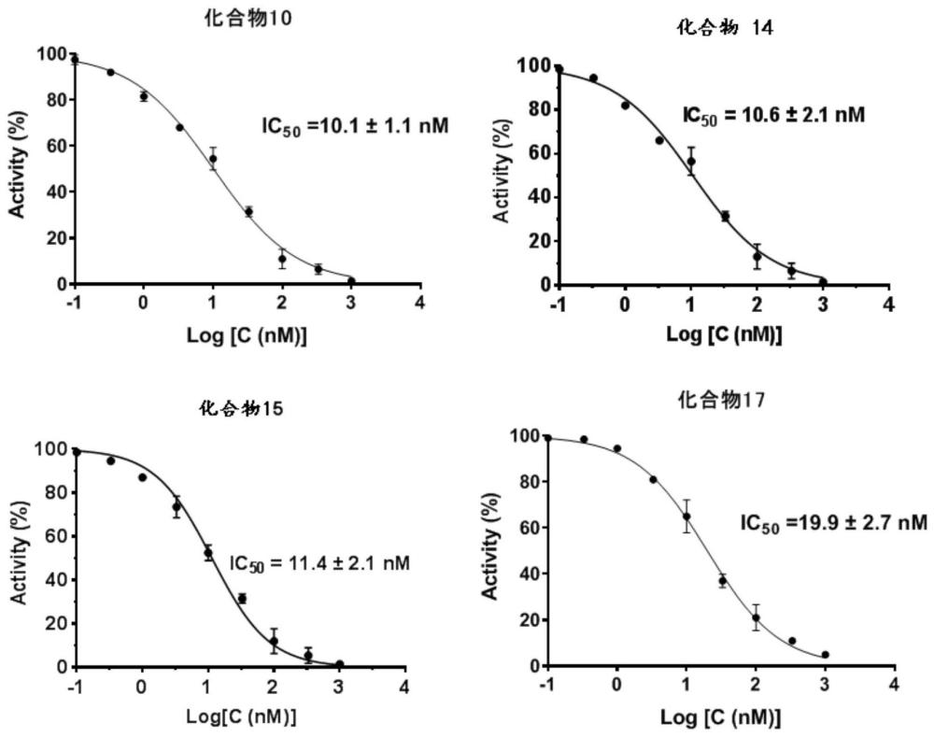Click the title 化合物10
tap(240, 17)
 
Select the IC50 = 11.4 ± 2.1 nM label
tap(320, 562)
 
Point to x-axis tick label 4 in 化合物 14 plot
tap(889, 306)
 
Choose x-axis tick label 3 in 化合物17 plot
tap(825, 687)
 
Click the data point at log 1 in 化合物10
tap(213, 159)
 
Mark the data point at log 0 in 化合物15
tap(142, 477)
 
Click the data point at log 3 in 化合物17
tap(825, 655)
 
